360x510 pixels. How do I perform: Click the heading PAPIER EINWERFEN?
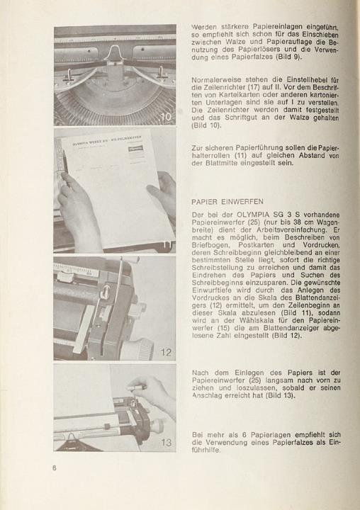[x=227, y=202]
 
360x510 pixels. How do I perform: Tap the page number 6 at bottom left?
[x=55, y=468]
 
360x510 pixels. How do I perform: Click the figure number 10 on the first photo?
[x=166, y=117]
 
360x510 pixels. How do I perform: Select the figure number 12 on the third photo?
[x=166, y=352]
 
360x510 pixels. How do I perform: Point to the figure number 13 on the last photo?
[x=166, y=442]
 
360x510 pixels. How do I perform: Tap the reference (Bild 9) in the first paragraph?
[x=288, y=57]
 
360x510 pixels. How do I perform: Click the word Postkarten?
[x=256, y=245]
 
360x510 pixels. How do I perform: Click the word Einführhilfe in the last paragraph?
[x=206, y=450]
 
